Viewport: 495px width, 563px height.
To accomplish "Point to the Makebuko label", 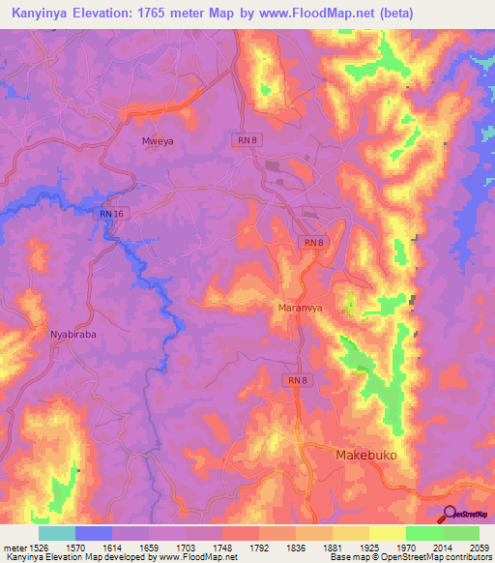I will tap(365, 454).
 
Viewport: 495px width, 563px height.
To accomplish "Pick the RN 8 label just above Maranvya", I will tap(311, 243).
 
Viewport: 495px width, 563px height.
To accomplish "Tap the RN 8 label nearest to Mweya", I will tap(247, 140).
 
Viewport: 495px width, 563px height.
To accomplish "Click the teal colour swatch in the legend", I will tap(57, 533).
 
